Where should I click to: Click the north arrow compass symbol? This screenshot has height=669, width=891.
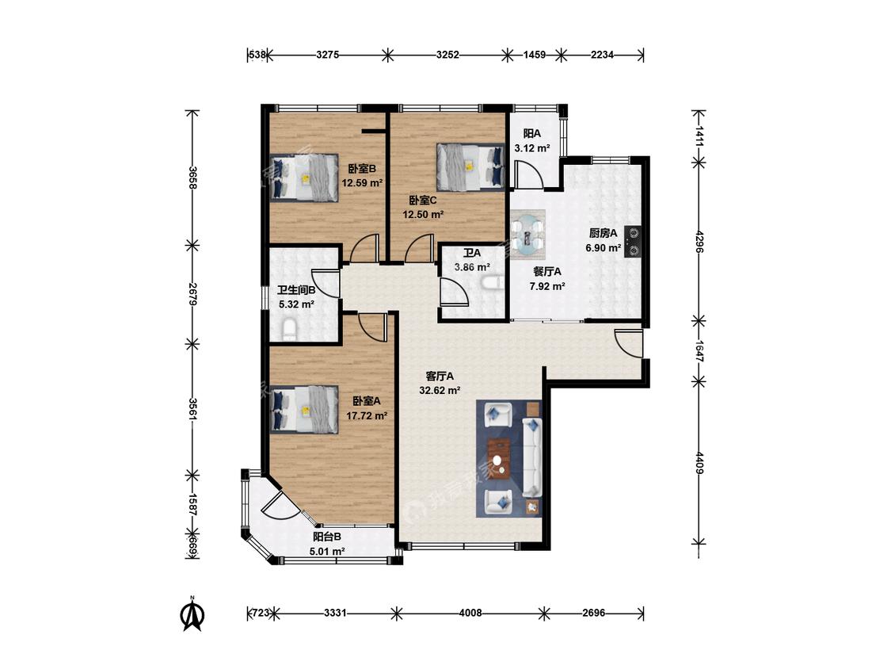(x=192, y=614)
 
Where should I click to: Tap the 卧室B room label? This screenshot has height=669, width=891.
(x=362, y=169)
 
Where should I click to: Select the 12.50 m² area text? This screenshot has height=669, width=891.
(x=424, y=215)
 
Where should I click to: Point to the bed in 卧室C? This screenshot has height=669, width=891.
(x=470, y=166)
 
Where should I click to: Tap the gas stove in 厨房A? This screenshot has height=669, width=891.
(x=633, y=242)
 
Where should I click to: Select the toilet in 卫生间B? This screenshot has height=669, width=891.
(x=289, y=330)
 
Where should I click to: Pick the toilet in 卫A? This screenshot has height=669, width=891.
(x=493, y=283)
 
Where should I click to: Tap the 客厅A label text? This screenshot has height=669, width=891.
(x=440, y=376)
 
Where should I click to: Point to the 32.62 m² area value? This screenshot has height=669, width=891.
(x=440, y=390)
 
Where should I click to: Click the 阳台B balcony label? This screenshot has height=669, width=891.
(x=327, y=537)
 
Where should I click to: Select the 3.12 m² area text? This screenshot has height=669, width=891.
(x=532, y=148)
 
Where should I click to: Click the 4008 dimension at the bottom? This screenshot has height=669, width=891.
(x=470, y=614)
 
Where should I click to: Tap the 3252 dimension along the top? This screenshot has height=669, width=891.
(x=447, y=55)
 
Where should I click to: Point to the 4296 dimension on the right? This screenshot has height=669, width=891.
(x=699, y=241)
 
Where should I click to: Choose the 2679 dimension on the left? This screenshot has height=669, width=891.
(x=193, y=294)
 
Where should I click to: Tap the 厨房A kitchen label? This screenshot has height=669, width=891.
(x=603, y=233)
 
